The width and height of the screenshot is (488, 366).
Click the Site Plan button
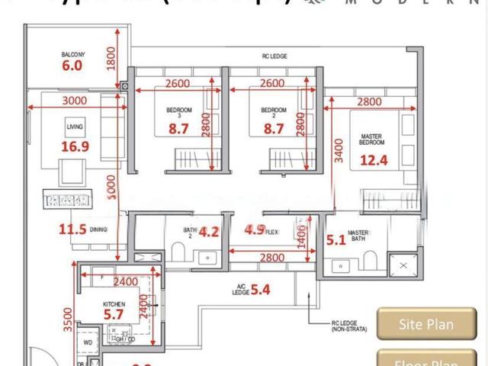[426, 324]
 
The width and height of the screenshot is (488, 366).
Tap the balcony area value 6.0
[72, 66]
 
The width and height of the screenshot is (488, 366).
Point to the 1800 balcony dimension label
[111, 58]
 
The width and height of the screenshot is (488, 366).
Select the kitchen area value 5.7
[113, 313]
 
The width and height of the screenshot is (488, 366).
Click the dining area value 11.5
[73, 228]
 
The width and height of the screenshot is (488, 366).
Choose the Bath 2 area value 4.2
[209, 232]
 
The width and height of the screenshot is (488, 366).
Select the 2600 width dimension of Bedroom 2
[272, 83]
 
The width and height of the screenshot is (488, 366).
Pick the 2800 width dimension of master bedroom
[369, 101]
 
